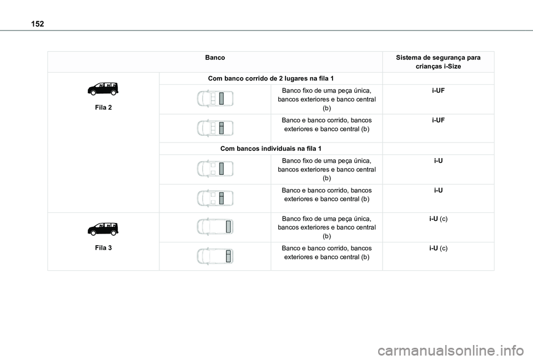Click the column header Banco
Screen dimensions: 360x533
click(x=215, y=58)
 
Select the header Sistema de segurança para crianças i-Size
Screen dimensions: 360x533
click(x=438, y=62)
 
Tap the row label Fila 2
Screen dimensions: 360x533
click(x=103, y=107)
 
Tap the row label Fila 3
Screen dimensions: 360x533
click(x=103, y=247)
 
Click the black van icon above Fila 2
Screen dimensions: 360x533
click(x=103, y=89)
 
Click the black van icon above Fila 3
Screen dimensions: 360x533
click(x=103, y=229)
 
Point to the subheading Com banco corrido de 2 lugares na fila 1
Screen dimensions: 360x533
click(x=271, y=78)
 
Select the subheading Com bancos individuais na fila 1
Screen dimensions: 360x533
click(x=271, y=149)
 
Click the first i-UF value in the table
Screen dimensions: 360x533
click(x=438, y=90)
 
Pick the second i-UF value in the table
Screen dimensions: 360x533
click(x=438, y=120)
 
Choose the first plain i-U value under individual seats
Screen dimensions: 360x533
click(x=438, y=161)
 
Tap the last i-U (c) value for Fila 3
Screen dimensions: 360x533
click(x=438, y=247)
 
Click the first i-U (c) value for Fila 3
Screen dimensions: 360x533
click(x=438, y=219)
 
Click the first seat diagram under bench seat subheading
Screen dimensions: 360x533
click(x=215, y=99)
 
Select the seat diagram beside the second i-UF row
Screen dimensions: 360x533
click(x=215, y=128)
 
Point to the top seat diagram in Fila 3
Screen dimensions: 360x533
click(x=215, y=227)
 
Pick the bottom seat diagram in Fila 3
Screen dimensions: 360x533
click(x=215, y=256)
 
